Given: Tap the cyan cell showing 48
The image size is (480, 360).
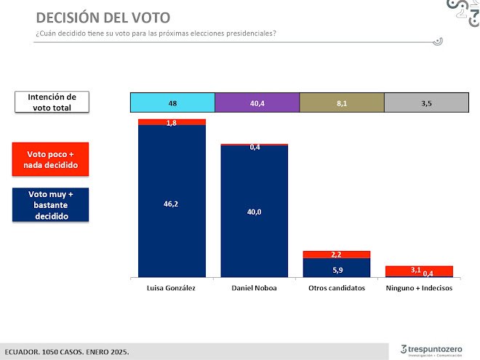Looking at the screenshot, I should click(172, 103).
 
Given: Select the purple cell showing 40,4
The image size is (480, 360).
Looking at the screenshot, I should click(257, 103).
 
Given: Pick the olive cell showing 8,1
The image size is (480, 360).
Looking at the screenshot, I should click(341, 103).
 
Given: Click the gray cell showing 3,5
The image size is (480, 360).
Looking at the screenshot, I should click(426, 103).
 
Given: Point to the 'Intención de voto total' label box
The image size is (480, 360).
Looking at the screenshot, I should click(52, 102).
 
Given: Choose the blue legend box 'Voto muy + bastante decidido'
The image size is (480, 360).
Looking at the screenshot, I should click(52, 206).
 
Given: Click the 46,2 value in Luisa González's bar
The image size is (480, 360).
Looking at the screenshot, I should click(172, 204).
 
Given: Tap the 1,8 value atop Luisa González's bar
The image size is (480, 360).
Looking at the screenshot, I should click(172, 122).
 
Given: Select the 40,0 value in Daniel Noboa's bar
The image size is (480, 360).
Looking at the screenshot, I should click(255, 212).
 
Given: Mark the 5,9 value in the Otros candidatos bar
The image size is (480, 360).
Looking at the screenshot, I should click(337, 268).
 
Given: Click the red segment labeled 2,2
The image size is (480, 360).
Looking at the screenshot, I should click(337, 255).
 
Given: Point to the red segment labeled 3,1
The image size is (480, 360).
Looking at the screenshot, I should click(417, 270).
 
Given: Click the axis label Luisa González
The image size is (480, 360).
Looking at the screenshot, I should click(172, 288).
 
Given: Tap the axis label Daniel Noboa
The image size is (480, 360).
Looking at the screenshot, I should click(255, 288).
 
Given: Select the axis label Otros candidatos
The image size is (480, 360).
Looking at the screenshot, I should click(337, 288).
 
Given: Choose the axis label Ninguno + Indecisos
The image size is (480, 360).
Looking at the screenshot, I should click(420, 288).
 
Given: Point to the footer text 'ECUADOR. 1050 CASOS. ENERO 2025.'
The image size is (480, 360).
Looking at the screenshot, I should click(68, 351).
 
